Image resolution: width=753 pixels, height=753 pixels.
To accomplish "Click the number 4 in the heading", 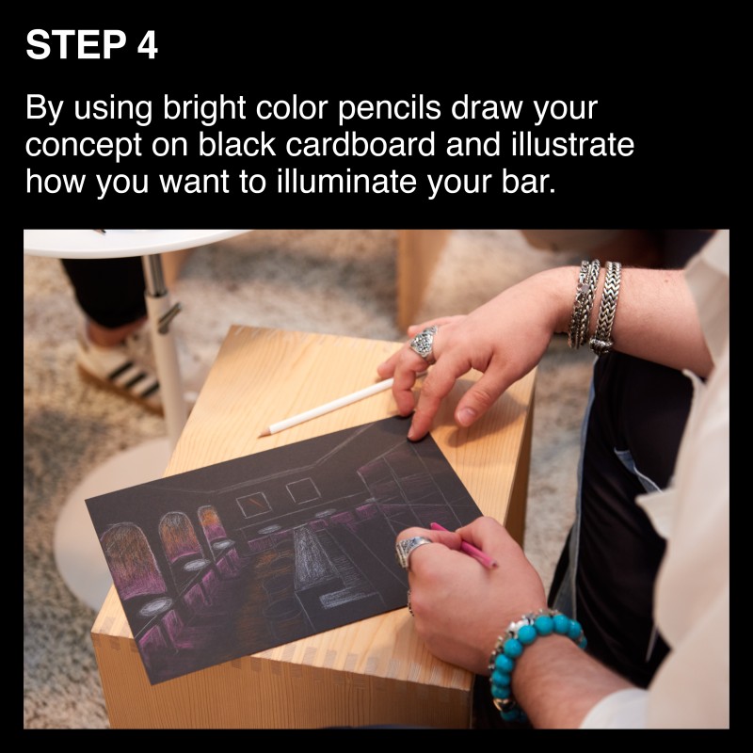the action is pos(148,45).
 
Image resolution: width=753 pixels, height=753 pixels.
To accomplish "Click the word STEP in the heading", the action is pos(76,45).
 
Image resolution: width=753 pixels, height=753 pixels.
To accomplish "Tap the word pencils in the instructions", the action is pos(390,109).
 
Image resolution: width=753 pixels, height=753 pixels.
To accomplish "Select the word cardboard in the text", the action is pos(360,145).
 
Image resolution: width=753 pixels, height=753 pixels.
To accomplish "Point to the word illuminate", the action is pos(345,183).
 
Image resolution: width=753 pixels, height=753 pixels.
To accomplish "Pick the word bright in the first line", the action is pos(204,109).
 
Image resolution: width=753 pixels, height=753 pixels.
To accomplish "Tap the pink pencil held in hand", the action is pos(464,546).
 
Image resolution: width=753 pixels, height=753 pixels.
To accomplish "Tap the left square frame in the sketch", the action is pos(254,505).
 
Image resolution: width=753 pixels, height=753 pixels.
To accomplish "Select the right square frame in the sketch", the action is pos(303,489).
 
